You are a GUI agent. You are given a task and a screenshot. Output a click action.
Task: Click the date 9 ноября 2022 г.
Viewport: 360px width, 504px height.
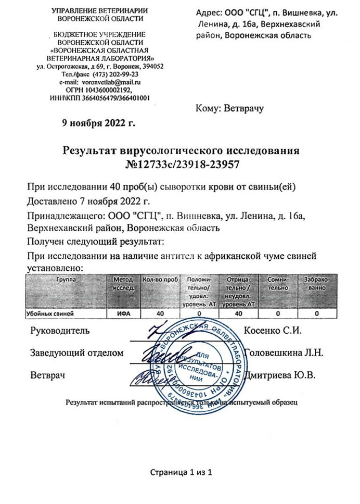click(x=98, y=123)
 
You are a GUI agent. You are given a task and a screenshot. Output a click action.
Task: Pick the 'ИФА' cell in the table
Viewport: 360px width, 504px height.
click(x=123, y=314)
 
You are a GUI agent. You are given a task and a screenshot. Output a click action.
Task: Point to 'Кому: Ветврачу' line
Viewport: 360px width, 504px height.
click(x=230, y=109)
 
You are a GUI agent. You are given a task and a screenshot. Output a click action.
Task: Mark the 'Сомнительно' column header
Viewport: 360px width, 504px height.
click(x=278, y=284)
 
